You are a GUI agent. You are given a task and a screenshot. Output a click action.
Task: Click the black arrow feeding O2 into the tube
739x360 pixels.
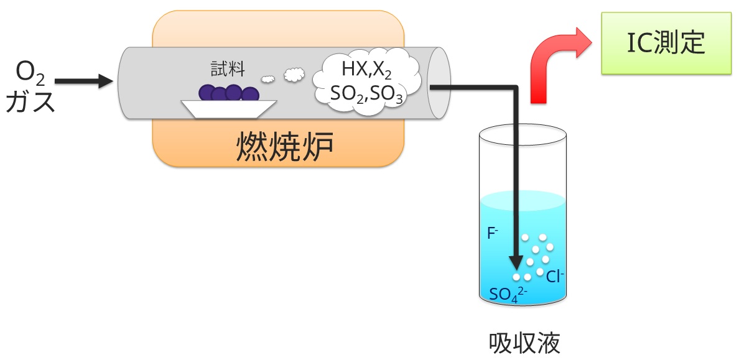(84, 81)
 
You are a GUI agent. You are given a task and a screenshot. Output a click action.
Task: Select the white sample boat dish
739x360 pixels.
(228, 108)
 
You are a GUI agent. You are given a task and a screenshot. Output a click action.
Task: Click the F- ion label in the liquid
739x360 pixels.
(493, 234)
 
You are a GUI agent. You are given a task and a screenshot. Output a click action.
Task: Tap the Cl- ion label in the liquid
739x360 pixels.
(555, 277)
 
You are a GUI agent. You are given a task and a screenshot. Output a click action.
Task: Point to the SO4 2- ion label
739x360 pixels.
(508, 293)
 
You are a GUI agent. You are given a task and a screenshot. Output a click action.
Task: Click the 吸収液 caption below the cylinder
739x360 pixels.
(525, 342)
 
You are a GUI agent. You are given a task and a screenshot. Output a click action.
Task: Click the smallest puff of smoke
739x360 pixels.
(267, 79)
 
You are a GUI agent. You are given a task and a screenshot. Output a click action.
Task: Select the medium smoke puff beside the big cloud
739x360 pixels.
(294, 74)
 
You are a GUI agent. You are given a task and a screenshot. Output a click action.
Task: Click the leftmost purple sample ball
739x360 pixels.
(207, 93)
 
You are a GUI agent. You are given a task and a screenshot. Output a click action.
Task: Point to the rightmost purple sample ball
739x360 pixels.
(250, 95)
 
